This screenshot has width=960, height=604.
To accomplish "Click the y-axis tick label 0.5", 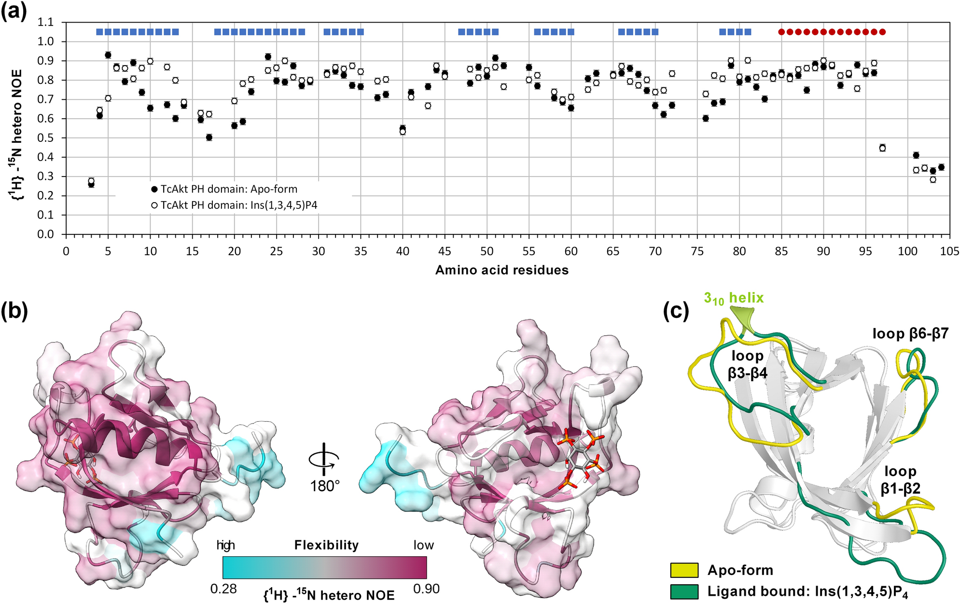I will coord(46,138).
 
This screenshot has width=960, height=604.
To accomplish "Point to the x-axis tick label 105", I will coord(949,251).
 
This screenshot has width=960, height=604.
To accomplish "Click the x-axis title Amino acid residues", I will coord(502,270).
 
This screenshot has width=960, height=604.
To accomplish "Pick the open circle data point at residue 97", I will coord(882,148).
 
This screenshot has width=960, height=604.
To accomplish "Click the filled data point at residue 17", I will coord(209,137).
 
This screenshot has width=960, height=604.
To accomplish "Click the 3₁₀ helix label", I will coord(734,298).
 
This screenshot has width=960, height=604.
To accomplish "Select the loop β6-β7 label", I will coord(910,333).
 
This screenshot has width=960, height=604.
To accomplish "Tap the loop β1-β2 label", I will coord(900,480).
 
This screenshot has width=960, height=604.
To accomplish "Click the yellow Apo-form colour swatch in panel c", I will coord(684,570).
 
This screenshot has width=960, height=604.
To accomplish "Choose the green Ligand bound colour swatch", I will coord(684,591).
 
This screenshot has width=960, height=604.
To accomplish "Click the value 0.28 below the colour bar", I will coord(223,589).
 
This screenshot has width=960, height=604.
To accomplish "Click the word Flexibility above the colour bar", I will coord(326,545).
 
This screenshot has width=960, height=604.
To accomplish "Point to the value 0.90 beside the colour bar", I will coord(426,589).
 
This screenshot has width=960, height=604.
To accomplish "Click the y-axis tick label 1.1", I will coord(46,22).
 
